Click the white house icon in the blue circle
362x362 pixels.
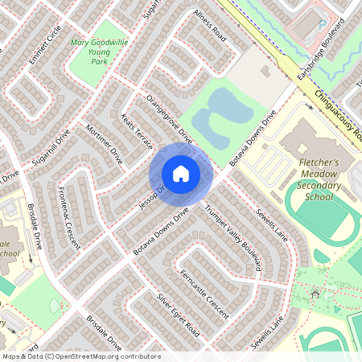[181, 174]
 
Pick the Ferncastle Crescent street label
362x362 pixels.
[204, 294]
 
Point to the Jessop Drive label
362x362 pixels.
[151, 197]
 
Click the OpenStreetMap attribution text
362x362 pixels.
[80, 356]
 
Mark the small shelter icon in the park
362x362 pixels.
[315, 294]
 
